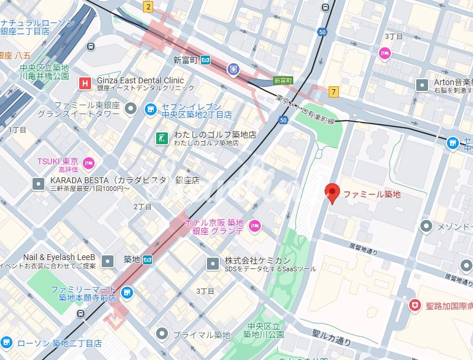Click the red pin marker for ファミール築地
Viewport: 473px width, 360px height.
pos(332,193)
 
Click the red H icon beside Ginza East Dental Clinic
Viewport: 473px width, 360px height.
pos(86,83)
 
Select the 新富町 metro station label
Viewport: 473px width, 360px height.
pos(186,60)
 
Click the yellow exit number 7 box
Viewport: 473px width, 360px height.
pos(334,91)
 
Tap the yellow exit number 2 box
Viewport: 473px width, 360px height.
pos(148,7)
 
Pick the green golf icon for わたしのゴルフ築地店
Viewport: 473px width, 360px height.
pos(160,138)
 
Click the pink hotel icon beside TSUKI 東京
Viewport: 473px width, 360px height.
pos(89,162)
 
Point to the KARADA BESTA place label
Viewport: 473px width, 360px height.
pos(125,180)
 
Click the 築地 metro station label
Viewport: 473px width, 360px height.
pos(131,259)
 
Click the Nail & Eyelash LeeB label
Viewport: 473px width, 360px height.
pos(59,257)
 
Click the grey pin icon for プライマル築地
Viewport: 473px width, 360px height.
pos(161,335)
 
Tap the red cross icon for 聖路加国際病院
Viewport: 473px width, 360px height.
pos(416,304)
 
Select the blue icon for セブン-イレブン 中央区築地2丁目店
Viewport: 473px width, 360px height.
pos(151,109)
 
